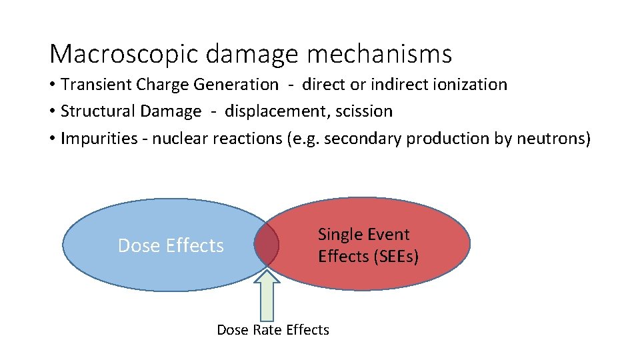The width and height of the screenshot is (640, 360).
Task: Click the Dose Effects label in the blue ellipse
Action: [171, 246]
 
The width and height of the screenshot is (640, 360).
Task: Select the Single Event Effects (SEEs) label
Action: [368, 245]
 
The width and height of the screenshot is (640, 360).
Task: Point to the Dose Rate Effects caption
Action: [273, 330]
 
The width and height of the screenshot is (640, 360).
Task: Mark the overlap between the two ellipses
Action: [266, 245]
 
